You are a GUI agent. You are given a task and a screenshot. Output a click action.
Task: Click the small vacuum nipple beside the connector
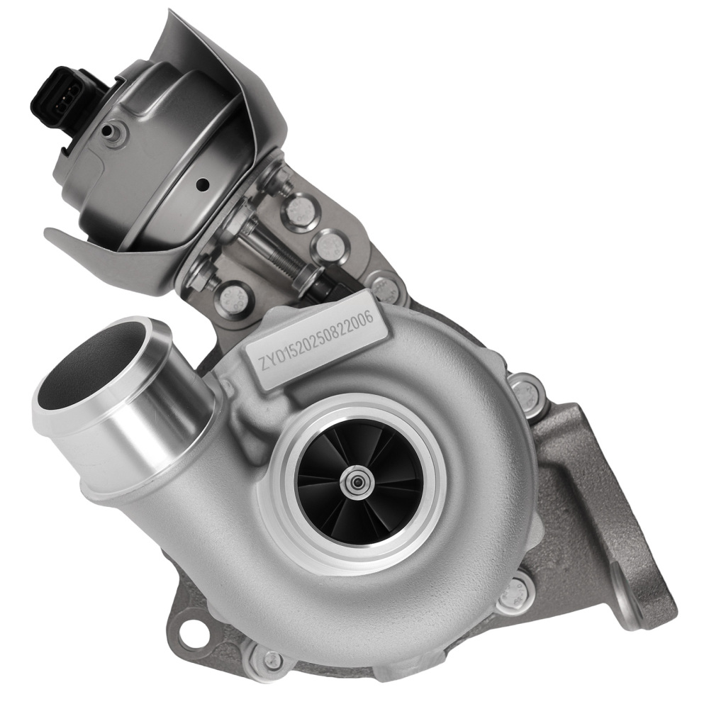point(113,131)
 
